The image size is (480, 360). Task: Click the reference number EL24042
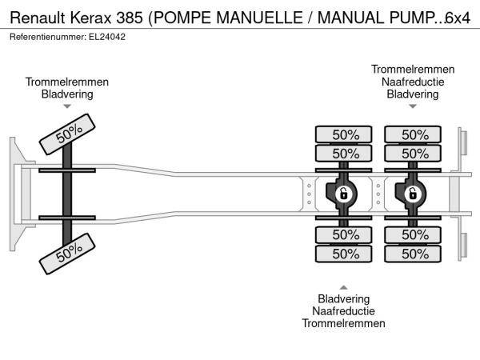coord(107,37)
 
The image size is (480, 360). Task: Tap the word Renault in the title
coord(38,18)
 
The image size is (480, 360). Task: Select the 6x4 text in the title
coord(458,18)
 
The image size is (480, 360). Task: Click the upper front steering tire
coord(67,134)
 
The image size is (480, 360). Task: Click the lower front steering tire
coord(67,254)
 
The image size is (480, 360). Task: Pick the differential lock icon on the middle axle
coord(343,194)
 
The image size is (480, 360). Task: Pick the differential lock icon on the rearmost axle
coord(413,194)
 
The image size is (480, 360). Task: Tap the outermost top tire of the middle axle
coord(344,134)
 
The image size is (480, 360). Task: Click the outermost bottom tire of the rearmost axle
coord(413,254)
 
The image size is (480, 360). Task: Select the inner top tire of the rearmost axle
coord(413,154)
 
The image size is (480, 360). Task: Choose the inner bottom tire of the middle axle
coord(344,234)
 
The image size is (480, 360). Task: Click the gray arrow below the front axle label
coord(67,106)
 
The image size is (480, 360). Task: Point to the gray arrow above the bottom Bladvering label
coord(343,287)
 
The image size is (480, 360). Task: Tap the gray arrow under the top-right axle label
coord(413,106)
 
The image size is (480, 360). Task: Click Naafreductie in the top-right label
coord(413,82)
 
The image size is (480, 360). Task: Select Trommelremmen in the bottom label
coord(343,323)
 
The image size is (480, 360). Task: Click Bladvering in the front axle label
coord(67,94)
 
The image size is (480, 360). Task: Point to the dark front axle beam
coord(67,194)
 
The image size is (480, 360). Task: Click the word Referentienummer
coord(48,37)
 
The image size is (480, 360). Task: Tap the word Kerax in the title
coord(90,18)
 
